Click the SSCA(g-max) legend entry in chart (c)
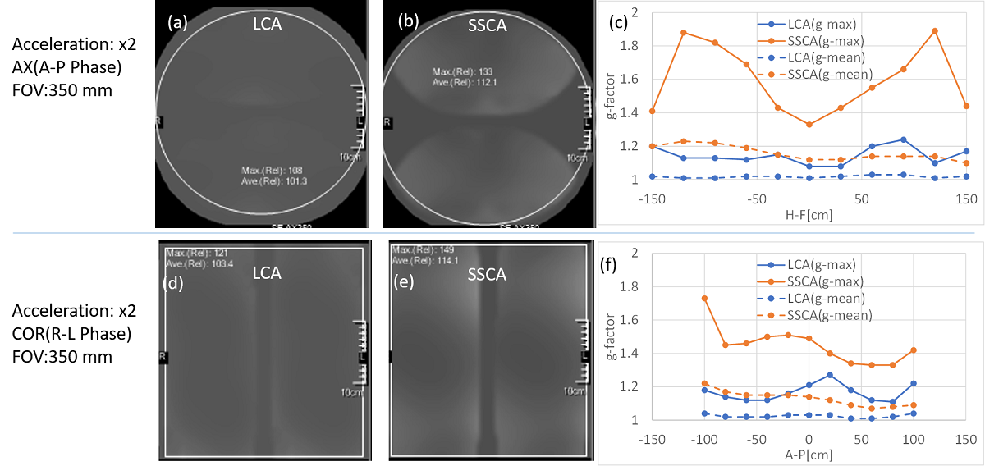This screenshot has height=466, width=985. click(813, 40)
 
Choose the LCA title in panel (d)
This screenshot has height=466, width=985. click(266, 273)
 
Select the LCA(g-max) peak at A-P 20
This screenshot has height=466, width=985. click(830, 375)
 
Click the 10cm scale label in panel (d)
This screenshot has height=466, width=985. click(351, 393)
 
